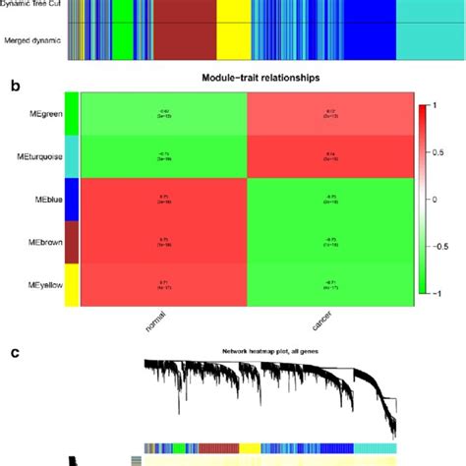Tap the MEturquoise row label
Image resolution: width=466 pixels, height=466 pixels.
(33, 156)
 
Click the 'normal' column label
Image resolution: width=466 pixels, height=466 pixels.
(147, 328)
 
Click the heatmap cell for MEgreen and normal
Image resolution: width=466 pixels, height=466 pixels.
(163, 114)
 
